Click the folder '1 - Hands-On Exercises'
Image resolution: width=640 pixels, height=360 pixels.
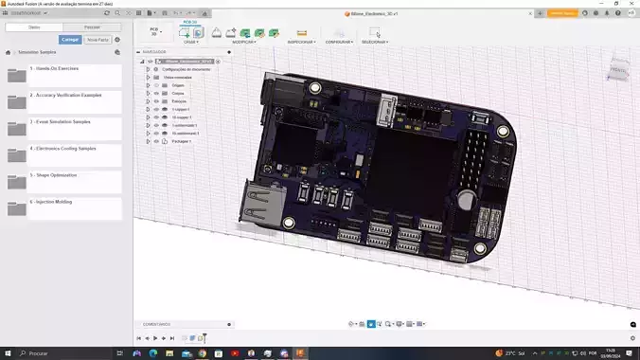click(62, 75)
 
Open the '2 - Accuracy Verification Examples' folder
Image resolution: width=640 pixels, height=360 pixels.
click(62, 101)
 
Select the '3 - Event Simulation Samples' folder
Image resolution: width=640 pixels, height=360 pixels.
click(62, 128)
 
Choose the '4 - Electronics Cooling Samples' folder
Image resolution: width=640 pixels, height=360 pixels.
click(62, 154)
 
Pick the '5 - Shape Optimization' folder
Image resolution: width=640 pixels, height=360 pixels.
click(62, 181)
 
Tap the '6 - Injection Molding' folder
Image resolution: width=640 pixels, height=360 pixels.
click(62, 207)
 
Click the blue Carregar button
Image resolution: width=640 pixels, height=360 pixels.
click(70, 40)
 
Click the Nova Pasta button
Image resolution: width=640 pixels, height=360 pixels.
click(98, 40)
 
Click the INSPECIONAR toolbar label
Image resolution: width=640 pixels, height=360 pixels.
click(301, 42)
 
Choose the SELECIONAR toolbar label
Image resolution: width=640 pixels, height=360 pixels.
click(375, 42)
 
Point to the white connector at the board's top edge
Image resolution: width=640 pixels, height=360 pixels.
click(385, 113)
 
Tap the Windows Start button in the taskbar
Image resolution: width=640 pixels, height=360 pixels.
click(9, 352)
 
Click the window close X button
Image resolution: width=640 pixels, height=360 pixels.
click(630, 4)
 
